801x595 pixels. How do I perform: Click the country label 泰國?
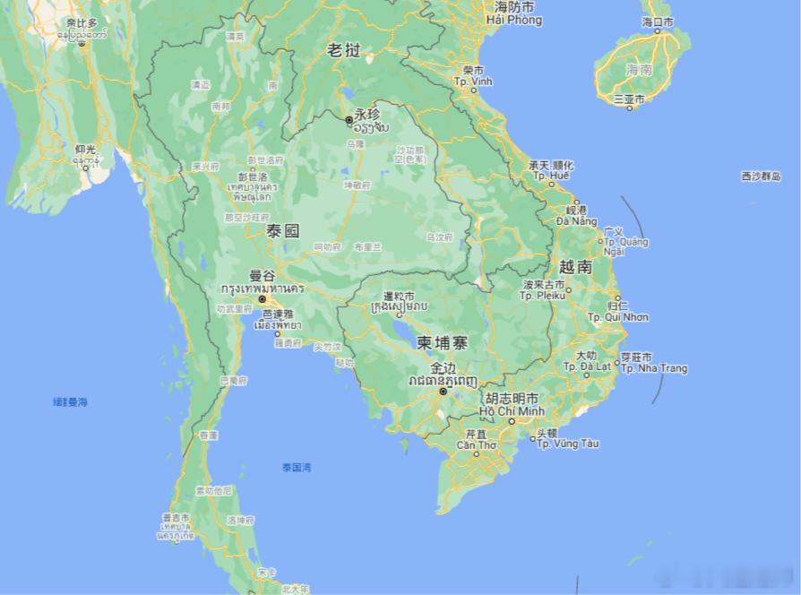(282, 230)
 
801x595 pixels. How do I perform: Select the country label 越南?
(575, 266)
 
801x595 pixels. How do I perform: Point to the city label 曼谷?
(262, 275)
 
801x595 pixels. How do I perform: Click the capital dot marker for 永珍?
(349, 119)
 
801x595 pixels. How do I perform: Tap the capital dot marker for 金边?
(443, 391)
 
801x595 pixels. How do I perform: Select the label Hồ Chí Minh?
(512, 410)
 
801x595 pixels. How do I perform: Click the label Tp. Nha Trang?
(654, 368)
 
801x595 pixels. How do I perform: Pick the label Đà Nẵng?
(576, 220)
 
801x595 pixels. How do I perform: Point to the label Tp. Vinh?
(474, 81)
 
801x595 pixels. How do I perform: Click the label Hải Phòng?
(513, 19)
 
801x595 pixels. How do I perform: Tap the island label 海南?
(639, 69)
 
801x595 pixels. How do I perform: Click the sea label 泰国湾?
(297, 467)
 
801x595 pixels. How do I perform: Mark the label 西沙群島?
(761, 177)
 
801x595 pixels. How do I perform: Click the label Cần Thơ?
(476, 444)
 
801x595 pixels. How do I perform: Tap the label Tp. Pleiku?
(544, 295)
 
